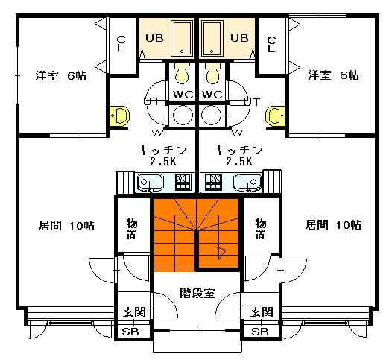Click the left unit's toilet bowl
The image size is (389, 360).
[182, 73]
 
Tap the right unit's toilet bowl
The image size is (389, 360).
[212, 73]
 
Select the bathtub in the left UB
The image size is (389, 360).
[182, 39]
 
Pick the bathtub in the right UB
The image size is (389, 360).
[212, 39]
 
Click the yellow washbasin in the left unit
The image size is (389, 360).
[120, 116]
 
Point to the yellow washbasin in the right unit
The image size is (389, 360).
[275, 116]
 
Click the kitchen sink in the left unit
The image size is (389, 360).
[150, 183]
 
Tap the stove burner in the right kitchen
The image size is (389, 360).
[213, 182]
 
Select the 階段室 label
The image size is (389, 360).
[197, 294]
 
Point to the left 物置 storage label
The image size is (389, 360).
[132, 229]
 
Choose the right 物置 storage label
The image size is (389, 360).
[261, 229]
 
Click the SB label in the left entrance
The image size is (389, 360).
[130, 332]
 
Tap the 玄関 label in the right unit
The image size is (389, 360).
[262, 312]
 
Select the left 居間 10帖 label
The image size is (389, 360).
[66, 226]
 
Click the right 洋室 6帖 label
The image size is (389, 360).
[333, 75]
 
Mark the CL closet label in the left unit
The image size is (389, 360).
[121, 44]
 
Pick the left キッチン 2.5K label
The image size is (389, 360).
[162, 156]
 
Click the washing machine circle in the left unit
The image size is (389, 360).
[183, 116]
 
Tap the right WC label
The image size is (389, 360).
[212, 95]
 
